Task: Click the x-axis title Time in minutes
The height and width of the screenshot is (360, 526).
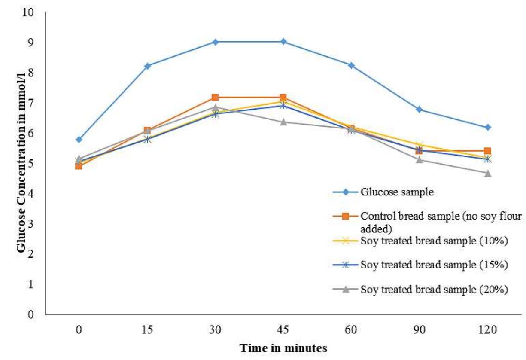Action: tap(283, 348)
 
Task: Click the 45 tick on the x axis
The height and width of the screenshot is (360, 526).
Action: tap(283, 330)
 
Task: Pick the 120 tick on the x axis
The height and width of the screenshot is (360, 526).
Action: tap(488, 330)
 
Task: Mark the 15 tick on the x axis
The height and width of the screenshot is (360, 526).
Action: tap(147, 330)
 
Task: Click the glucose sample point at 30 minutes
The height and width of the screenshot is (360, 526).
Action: tap(215, 42)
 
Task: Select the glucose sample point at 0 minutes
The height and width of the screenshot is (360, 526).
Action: tap(79, 140)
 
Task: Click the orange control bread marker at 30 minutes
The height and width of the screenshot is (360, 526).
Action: tap(215, 98)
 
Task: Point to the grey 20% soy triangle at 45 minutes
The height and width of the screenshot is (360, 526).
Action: tap(283, 122)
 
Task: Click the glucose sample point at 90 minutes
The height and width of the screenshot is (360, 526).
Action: tap(420, 110)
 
